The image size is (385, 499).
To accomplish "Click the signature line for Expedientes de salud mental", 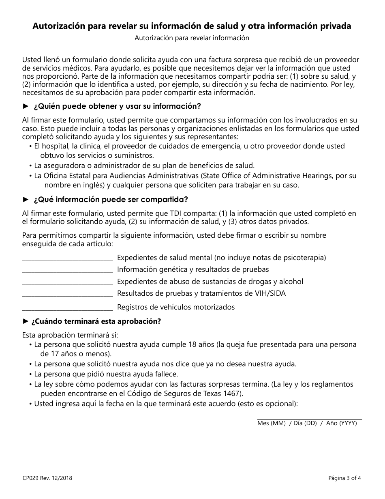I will [67, 260].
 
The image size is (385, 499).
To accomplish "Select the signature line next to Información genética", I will [67, 271].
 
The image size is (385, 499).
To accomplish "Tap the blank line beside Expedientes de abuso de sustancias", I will [67, 284].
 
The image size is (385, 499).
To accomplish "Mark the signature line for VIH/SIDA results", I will [67, 295].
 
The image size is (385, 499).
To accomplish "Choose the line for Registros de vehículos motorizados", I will [67, 309].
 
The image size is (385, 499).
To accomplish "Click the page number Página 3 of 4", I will [344, 478].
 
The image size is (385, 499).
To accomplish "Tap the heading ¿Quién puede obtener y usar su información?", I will [117, 106].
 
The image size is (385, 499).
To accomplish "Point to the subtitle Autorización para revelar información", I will [192, 38].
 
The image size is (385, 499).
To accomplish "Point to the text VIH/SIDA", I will [271, 293].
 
